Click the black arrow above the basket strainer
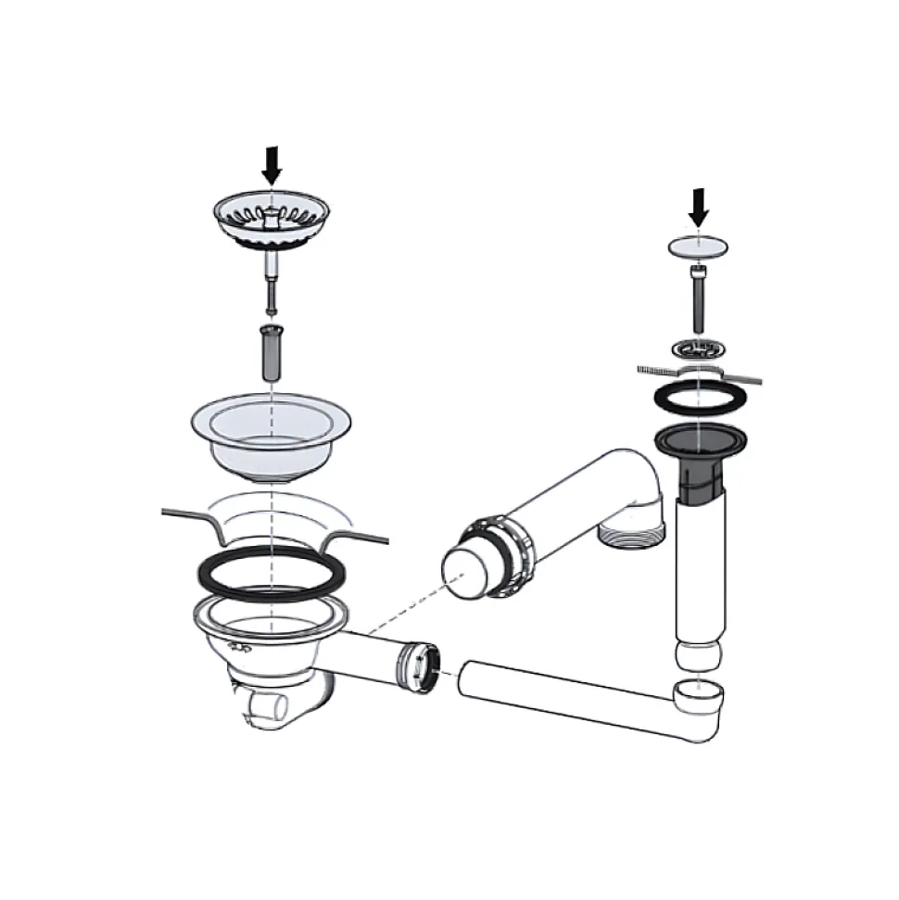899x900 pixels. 271,163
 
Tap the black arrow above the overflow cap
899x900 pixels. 699,207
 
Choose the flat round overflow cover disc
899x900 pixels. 699,247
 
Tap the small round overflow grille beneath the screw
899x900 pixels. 699,349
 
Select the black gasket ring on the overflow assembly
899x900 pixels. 700,399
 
